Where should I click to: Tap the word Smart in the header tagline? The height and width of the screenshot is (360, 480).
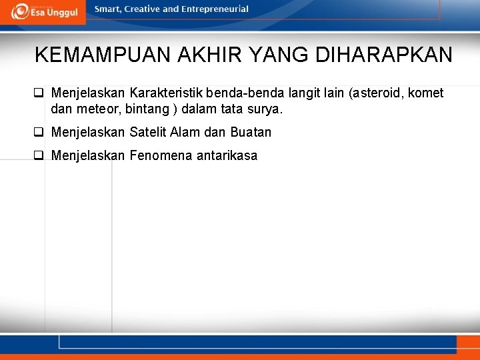pos(107,9)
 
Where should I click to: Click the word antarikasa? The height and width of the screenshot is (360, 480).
pos(227,156)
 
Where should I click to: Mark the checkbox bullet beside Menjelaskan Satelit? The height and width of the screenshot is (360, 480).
pos(39,132)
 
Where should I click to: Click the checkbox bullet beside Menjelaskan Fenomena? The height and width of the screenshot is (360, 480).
pos(39,156)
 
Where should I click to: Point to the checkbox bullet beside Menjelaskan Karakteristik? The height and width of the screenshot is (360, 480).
pos(39,93)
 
